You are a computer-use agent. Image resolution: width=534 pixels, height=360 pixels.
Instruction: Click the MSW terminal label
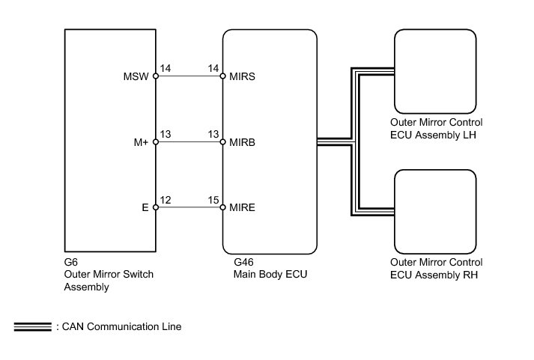click(136, 76)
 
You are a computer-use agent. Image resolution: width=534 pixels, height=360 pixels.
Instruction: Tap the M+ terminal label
click(141, 142)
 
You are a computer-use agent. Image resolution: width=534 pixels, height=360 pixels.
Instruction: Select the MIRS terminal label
click(242, 76)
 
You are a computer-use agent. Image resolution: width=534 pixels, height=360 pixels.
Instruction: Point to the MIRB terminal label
click(242, 142)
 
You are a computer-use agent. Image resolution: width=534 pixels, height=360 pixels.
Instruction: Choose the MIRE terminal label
click(242, 207)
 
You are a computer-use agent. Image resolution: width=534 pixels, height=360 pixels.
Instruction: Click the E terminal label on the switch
click(145, 207)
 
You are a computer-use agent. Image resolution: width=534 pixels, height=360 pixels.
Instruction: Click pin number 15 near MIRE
click(213, 200)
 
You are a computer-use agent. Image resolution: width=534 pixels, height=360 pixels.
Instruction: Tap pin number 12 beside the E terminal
click(166, 200)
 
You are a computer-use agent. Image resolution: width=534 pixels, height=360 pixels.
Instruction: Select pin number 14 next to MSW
click(166, 68)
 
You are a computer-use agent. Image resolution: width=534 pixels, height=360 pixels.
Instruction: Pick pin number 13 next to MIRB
click(213, 135)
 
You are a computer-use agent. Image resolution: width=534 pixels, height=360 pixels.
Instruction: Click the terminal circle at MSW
click(156, 76)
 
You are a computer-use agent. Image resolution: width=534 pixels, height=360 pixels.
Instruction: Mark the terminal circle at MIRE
click(222, 207)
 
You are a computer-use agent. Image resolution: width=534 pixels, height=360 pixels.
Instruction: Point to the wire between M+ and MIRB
click(189, 142)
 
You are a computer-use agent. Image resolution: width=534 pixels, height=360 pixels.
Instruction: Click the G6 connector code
click(71, 262)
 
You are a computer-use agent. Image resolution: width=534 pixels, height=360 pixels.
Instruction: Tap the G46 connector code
click(243, 262)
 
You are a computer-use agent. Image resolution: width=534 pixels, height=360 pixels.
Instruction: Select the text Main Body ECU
click(270, 274)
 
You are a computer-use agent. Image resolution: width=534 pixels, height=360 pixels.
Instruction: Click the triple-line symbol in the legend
click(33, 326)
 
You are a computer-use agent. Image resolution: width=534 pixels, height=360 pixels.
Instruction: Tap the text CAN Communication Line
click(121, 326)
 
